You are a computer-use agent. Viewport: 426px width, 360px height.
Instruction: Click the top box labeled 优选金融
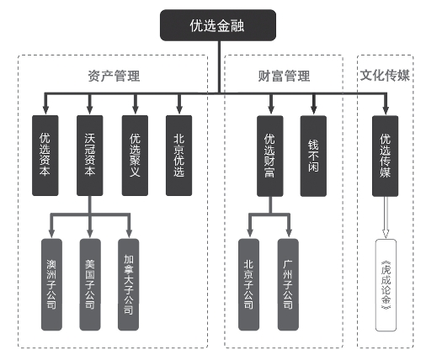pyautogui.click(x=218, y=25)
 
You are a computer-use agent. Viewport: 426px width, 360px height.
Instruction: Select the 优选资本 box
pyautogui.click(x=45, y=156)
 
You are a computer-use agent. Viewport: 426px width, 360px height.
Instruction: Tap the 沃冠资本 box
pyautogui.click(x=90, y=156)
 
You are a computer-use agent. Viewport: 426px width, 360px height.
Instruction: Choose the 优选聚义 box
pyautogui.click(x=135, y=156)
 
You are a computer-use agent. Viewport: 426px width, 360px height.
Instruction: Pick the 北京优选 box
pyautogui.click(x=179, y=156)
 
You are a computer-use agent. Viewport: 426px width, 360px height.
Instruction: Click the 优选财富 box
pyautogui.click(x=270, y=156)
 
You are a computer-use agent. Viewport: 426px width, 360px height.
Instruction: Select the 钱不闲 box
pyautogui.click(x=313, y=156)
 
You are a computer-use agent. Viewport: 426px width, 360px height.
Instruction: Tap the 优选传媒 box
pyautogui.click(x=386, y=156)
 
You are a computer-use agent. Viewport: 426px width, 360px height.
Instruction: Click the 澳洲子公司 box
pyautogui.click(x=51, y=284)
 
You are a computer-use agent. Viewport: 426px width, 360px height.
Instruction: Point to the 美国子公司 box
pyautogui.click(x=90, y=284)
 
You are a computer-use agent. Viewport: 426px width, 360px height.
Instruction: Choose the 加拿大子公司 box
pyautogui.click(x=129, y=284)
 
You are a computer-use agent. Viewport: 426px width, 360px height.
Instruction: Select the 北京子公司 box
pyautogui.click(x=249, y=284)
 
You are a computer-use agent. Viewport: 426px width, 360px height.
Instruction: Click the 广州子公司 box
pyautogui.click(x=288, y=284)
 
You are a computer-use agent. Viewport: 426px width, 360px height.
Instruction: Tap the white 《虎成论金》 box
pyautogui.click(x=386, y=285)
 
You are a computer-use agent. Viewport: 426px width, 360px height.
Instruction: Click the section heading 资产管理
pyautogui.click(x=114, y=76)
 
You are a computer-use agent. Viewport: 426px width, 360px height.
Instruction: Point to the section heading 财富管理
pyautogui.click(x=284, y=76)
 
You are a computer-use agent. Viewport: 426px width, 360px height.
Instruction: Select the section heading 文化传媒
pyautogui.click(x=385, y=76)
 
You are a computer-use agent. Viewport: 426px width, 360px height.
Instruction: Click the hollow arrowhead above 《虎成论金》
pyautogui.click(x=386, y=234)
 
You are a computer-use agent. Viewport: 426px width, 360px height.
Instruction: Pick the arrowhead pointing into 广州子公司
pyautogui.click(x=289, y=232)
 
